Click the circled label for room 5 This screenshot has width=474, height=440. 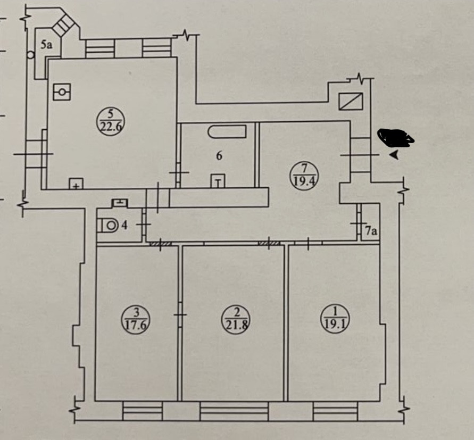pyautogui.click(x=111, y=120)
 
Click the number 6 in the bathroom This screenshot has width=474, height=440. pyautogui.click(x=219, y=156)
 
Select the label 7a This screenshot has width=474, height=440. pyautogui.click(x=371, y=231)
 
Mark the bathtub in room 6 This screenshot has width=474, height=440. pyautogui.click(x=227, y=131)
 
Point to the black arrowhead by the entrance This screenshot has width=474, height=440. pyautogui.click(x=394, y=155)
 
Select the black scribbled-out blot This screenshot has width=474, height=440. pyautogui.click(x=396, y=138)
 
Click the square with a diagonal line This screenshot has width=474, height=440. pyautogui.click(x=351, y=101)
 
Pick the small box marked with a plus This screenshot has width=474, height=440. pyautogui.click(x=76, y=184)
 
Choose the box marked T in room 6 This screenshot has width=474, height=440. pyautogui.click(x=218, y=181)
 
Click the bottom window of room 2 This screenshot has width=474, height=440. pyautogui.click(x=234, y=411)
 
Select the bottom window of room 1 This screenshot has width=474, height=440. pyautogui.click(x=335, y=411)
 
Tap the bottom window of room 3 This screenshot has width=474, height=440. pyautogui.click(x=142, y=411)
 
